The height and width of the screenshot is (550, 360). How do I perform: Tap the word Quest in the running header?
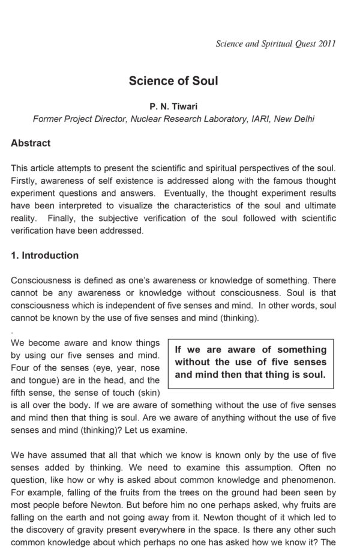[x=302, y=44]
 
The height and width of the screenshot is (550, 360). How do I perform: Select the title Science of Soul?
[x=173, y=80]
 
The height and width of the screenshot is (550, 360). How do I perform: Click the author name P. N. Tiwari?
[x=173, y=106]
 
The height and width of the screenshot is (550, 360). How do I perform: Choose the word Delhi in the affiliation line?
[x=302, y=119]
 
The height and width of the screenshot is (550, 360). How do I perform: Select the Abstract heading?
[x=31, y=144]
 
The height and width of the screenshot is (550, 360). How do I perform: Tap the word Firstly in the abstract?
[x=24, y=181]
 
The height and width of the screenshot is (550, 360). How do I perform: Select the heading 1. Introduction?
[x=45, y=255]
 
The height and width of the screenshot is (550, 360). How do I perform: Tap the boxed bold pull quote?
[x=250, y=362]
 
